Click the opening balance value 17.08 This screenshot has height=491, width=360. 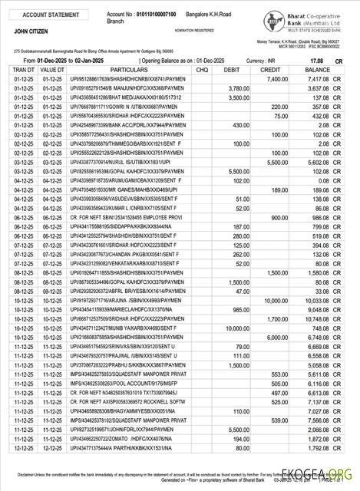(x=315, y=60)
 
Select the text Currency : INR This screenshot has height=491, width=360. (x=262, y=60)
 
